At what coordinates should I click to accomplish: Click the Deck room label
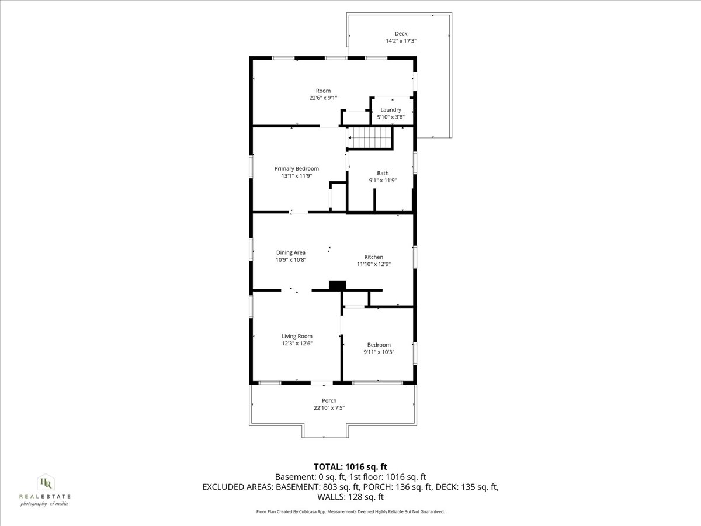coord(401,33)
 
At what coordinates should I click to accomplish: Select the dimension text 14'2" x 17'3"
coord(401,41)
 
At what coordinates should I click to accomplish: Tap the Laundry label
coord(391,110)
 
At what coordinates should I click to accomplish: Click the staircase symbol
coord(370,140)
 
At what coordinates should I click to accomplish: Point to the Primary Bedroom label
coord(297,168)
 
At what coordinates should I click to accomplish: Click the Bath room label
coord(383,173)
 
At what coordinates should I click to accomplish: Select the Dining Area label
coord(291,252)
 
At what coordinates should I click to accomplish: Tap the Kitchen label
coord(374,257)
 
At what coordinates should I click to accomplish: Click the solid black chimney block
coord(338,285)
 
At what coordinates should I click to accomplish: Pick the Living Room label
coord(297,336)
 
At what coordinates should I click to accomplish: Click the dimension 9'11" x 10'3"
coord(379,352)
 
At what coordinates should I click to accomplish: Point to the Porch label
coord(329,400)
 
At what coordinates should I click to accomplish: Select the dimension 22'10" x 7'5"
coord(329,408)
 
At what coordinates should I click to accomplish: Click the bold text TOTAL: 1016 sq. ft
coord(350,466)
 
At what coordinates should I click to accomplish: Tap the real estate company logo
coord(45,489)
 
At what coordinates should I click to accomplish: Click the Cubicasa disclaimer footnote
coord(350,511)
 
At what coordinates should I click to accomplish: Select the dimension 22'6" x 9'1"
coord(323,98)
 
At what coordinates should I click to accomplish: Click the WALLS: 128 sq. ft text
coord(350,497)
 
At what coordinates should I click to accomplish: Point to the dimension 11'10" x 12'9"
coord(374,264)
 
